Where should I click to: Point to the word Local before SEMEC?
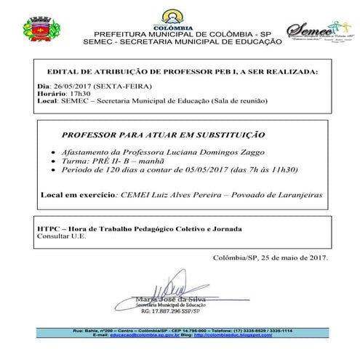pos(47,100)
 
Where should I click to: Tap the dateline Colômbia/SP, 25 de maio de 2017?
pos(271,257)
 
